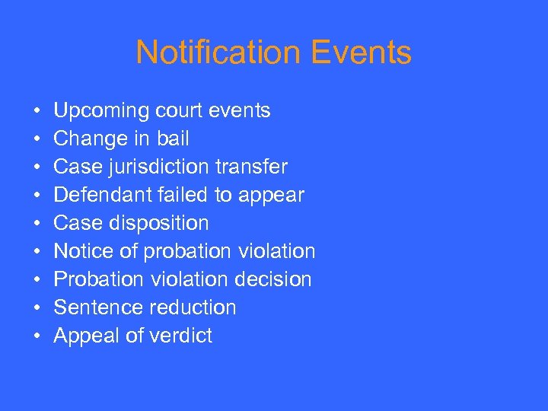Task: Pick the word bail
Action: click(x=173, y=139)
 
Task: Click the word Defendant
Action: click(x=97, y=196)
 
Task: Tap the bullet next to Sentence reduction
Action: click(x=37, y=308)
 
